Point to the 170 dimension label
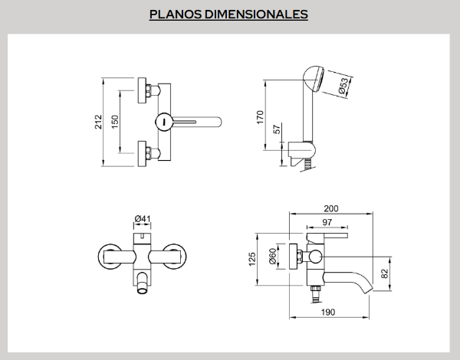click(x=260, y=116)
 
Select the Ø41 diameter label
click(x=142, y=219)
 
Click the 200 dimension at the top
click(x=332, y=208)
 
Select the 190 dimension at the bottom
click(x=329, y=313)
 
